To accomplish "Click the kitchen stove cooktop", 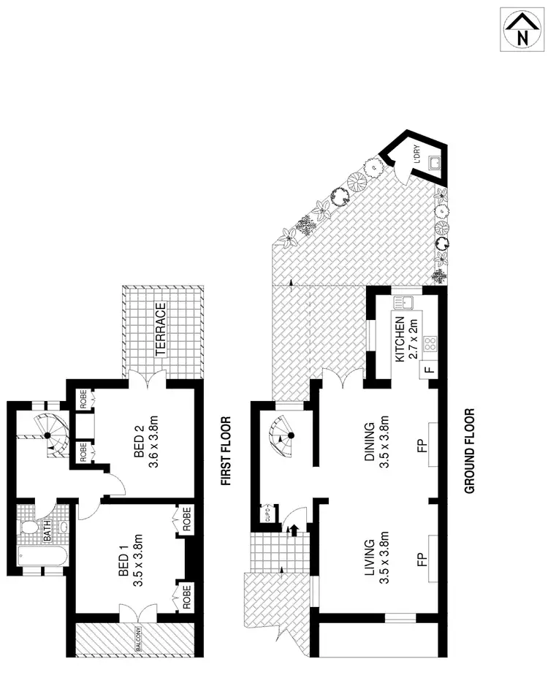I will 430,343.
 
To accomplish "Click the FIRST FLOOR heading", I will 227,451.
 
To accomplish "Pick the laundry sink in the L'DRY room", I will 434,164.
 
